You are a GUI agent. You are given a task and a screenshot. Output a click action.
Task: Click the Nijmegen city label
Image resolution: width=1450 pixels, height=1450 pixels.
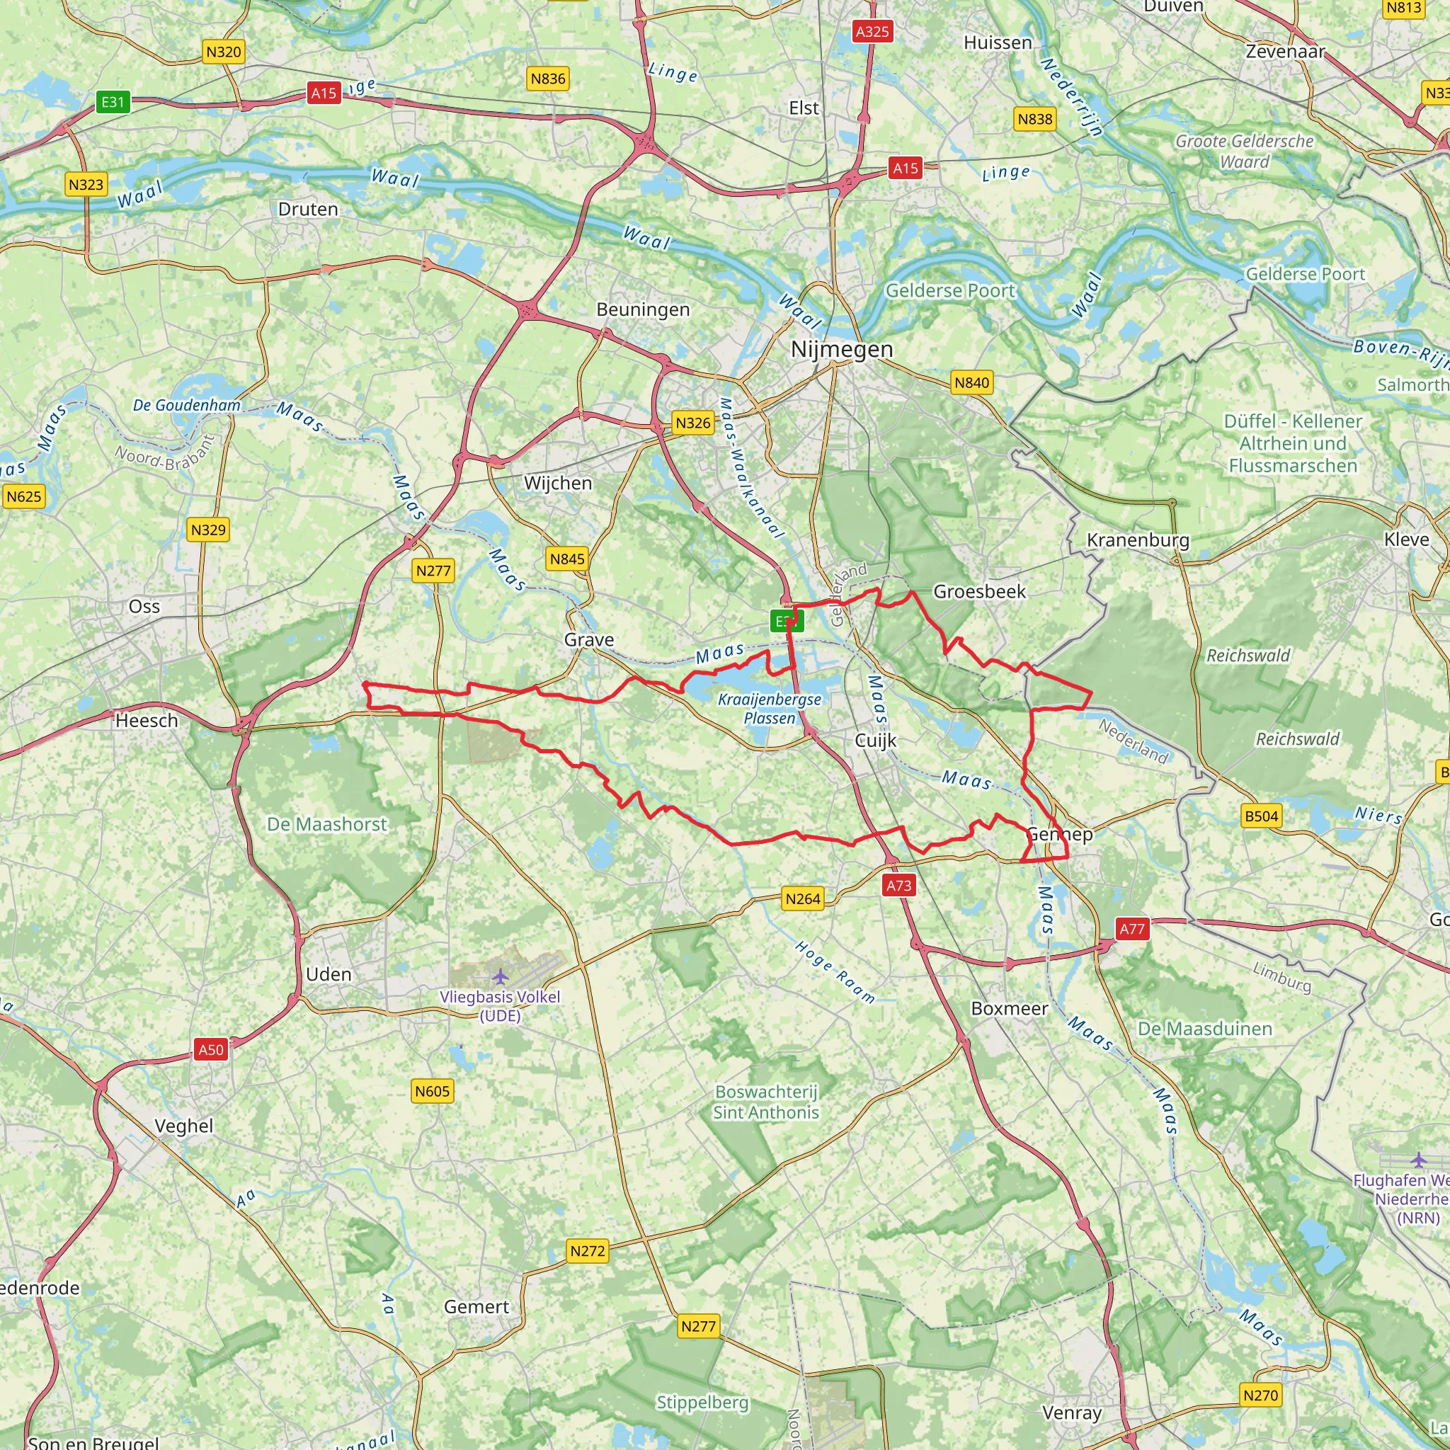click(842, 349)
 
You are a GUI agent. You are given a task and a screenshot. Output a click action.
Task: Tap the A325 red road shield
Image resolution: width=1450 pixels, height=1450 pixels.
click(872, 32)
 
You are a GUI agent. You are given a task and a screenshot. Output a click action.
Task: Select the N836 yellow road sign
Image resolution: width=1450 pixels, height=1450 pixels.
click(548, 79)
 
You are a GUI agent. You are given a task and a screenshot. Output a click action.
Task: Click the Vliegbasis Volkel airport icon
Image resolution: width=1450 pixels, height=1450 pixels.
click(501, 976)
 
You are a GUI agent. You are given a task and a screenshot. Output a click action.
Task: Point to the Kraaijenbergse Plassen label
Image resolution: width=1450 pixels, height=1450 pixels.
click(770, 709)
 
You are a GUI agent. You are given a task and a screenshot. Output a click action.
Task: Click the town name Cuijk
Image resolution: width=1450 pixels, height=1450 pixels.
click(876, 741)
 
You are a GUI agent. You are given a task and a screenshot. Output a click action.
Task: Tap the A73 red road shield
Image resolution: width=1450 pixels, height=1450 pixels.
click(898, 886)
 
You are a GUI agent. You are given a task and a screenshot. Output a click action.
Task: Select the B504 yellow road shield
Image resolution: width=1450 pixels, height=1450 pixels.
click(1261, 816)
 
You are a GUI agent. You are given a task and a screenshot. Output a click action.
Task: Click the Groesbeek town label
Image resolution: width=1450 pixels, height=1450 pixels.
click(978, 591)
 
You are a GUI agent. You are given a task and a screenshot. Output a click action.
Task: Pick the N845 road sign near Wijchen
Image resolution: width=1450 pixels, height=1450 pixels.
click(566, 559)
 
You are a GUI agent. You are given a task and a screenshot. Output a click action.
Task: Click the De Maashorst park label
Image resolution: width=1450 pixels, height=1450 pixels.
click(327, 824)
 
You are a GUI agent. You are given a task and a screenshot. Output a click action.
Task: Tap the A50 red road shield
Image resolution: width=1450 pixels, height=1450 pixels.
click(211, 1049)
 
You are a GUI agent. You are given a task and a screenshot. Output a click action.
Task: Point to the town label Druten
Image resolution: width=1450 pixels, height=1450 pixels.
click(308, 210)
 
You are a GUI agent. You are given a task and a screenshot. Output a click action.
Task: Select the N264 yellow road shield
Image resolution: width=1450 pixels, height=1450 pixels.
click(802, 898)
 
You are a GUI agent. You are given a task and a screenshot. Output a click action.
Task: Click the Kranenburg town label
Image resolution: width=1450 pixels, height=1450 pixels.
click(1138, 540)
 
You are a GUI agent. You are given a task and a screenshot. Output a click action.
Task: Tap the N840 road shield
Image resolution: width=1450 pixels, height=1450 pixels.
click(971, 383)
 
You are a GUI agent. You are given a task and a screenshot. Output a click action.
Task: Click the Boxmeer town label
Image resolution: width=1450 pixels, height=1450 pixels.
click(1010, 1008)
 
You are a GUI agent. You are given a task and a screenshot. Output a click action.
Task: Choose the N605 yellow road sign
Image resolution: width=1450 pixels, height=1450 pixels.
click(433, 1091)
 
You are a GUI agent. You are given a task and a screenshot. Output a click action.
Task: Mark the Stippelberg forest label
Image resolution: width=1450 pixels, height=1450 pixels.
click(702, 1402)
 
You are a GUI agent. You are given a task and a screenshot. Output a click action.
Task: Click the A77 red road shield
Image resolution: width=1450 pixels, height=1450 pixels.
click(1132, 929)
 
